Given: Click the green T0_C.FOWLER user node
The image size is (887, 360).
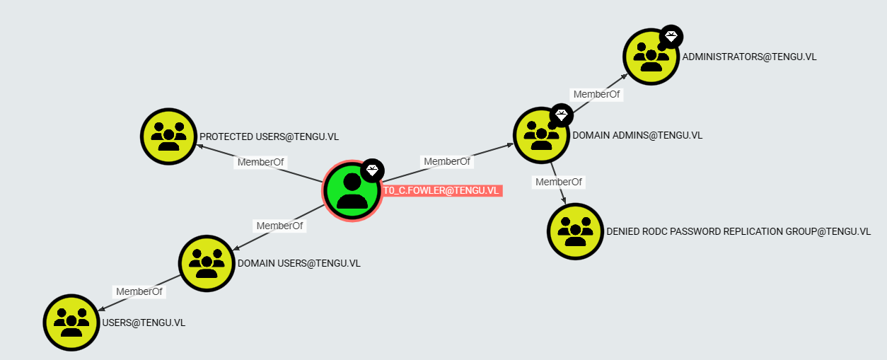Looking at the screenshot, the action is coord(352,191).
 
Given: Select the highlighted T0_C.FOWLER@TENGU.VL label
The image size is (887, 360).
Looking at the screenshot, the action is coord(441,190).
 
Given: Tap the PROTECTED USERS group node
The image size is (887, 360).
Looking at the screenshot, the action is coord(168,137).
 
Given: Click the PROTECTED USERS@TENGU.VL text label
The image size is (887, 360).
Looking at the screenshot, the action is coord(269,137).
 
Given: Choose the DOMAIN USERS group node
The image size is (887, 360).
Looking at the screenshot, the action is coord(207,263).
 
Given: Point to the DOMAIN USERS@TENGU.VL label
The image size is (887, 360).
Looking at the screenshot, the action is coord(299,263).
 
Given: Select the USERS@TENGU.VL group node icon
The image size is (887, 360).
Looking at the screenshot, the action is coord(71,323).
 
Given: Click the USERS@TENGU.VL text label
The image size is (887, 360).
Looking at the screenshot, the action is coord(144,323).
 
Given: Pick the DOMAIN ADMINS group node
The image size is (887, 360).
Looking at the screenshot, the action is coord(541,135).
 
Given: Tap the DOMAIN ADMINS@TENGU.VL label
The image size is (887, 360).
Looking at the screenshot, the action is coord(637,136).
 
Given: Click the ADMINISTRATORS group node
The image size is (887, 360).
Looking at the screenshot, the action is coord(651,57).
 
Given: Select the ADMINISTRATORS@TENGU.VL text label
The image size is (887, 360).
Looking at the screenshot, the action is coord(749,57).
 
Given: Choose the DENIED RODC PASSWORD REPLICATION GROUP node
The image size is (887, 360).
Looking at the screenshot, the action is coord(575,231).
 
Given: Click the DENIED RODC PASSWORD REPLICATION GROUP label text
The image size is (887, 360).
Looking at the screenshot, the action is coord(738,231).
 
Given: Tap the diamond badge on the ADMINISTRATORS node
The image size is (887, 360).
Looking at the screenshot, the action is coord(671,37).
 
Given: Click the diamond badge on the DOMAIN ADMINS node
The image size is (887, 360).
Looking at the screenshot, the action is coord(562,115).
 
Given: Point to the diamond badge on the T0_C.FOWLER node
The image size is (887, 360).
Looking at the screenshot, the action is coord(372,170).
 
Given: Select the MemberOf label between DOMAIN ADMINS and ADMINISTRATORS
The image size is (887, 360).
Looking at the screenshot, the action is coord(596,94).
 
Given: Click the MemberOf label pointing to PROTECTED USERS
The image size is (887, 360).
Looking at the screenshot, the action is coord(260,162).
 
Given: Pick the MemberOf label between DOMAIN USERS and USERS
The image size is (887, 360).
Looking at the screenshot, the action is coord(139,291).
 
